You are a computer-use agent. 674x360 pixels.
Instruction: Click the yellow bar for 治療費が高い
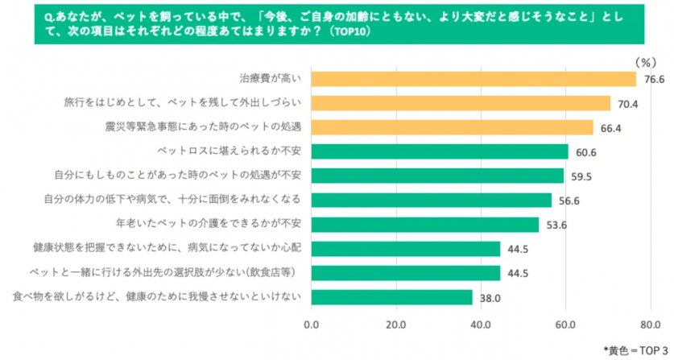(x=473, y=79)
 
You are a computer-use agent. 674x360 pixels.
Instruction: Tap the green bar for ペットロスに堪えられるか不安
(x=439, y=151)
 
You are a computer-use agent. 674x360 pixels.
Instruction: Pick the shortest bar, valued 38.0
(x=391, y=297)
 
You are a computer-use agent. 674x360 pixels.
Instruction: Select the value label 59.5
(x=579, y=176)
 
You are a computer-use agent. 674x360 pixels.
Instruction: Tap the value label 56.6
(x=567, y=201)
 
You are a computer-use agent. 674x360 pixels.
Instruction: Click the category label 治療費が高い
(x=271, y=79)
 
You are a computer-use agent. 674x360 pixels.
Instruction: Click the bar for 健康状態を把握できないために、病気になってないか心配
(x=405, y=249)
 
